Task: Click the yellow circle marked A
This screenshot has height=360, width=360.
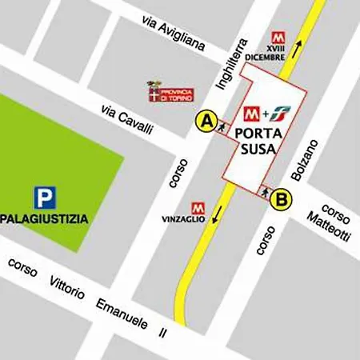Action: [x=207, y=122]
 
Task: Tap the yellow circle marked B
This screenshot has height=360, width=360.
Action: [x=281, y=199]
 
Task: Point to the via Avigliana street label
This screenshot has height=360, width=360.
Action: [x=173, y=34]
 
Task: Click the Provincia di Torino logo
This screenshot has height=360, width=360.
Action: [x=170, y=92]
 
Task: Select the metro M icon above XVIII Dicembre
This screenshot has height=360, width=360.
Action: [x=278, y=37]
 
